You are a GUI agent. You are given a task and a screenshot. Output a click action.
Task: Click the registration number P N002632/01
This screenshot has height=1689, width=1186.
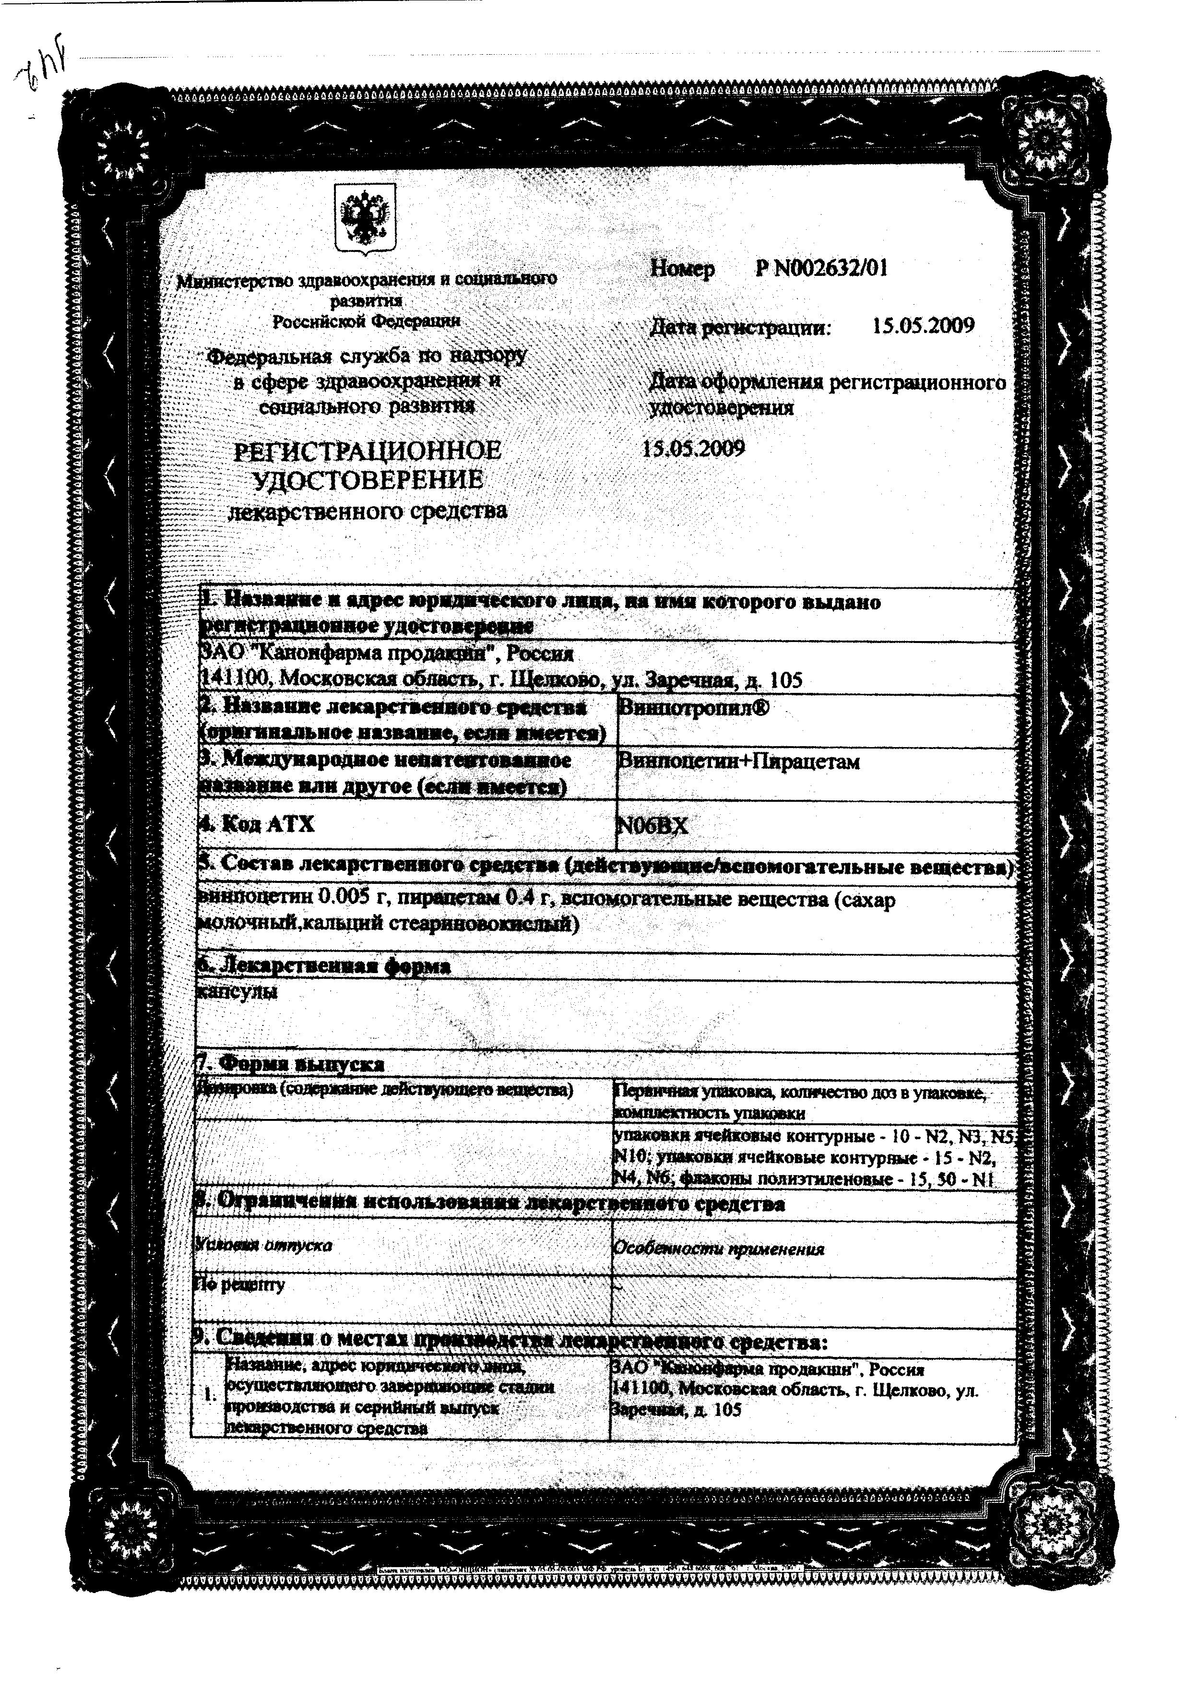tap(821, 269)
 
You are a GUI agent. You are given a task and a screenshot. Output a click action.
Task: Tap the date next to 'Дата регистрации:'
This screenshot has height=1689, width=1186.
tap(923, 326)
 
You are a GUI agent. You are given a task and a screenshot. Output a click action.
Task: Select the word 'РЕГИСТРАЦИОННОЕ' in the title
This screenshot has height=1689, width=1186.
tap(367, 450)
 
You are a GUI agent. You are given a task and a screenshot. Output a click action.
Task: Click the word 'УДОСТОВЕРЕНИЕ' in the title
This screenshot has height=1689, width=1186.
tap(368, 480)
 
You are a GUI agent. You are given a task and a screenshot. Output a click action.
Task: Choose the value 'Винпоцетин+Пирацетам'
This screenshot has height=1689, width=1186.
tap(738, 761)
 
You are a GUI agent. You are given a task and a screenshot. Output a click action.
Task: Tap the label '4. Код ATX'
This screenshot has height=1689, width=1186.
tap(257, 824)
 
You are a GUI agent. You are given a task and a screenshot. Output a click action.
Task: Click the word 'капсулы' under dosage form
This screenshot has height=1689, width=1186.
tap(237, 992)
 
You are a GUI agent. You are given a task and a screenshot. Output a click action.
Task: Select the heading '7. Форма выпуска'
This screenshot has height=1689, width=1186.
tap(291, 1064)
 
